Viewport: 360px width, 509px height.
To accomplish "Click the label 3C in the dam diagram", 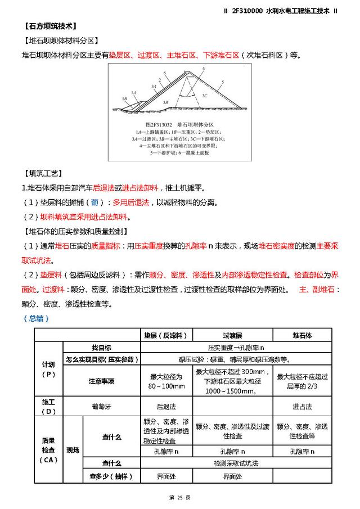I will [x=204, y=96].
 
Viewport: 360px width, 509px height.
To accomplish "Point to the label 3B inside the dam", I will [x=165, y=102].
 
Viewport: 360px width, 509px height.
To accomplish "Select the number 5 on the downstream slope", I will [x=223, y=82].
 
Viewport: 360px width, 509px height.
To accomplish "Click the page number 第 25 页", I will [x=179, y=498].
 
